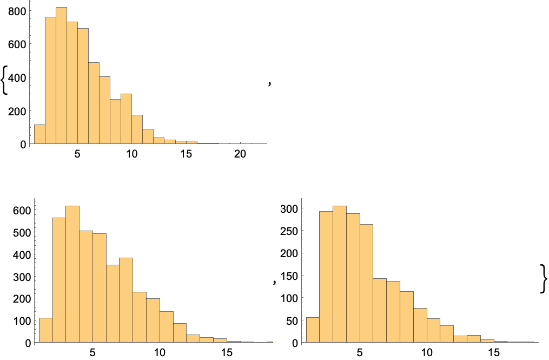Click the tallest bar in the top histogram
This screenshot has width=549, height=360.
pos(61,76)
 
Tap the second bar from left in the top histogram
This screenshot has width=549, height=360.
pos(50,81)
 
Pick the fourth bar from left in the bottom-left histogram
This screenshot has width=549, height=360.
pos(86,287)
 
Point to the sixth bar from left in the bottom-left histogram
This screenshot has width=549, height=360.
pos(113,304)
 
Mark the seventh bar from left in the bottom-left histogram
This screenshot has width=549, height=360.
pos(126,300)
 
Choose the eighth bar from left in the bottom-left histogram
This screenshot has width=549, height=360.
pos(140,317)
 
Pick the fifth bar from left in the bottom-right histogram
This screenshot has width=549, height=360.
pos(366,284)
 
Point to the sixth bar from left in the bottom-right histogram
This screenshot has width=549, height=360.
pos(380,311)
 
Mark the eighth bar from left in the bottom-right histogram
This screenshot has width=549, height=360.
pos(407,317)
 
